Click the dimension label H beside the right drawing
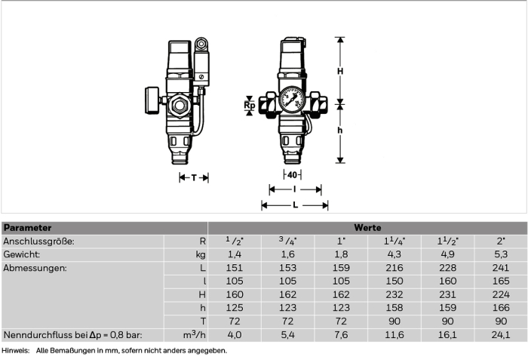[x=340, y=71]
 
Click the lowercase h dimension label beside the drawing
[x=340, y=131]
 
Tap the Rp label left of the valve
[x=250, y=106]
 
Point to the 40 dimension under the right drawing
[x=293, y=175]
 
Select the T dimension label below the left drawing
[x=194, y=177]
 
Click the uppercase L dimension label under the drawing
[x=296, y=205]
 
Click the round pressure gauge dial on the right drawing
[x=292, y=99]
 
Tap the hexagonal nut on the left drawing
[x=180, y=106]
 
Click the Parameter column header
[x=28, y=228]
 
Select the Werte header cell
[x=367, y=228]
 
